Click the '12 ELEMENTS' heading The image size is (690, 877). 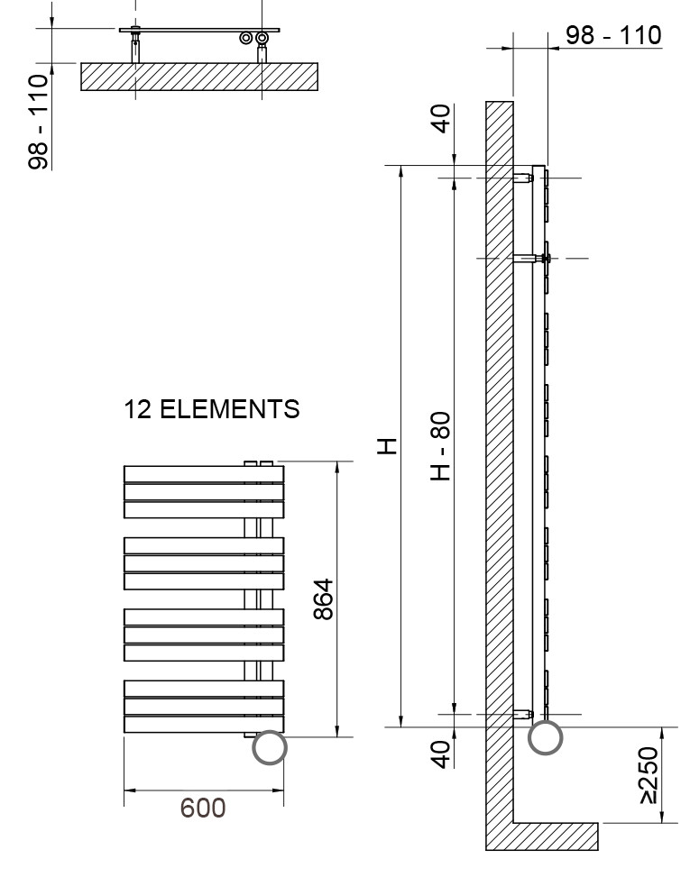click(212, 409)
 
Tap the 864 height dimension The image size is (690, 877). click(324, 599)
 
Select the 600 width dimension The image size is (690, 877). click(203, 808)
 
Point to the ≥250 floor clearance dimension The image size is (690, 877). click(649, 774)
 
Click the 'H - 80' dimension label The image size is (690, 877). click(440, 446)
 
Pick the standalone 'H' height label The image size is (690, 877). click(387, 446)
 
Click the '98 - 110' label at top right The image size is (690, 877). click(613, 35)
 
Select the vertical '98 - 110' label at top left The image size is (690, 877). click(39, 122)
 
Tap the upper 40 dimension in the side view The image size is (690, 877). click(442, 119)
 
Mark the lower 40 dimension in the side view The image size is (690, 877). click(442, 754)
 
